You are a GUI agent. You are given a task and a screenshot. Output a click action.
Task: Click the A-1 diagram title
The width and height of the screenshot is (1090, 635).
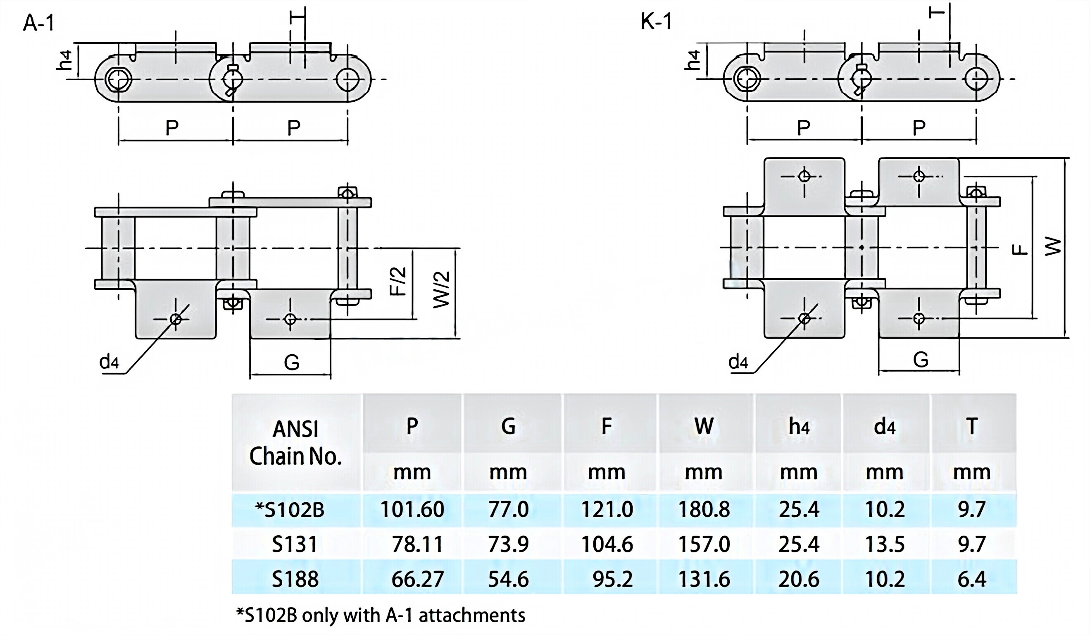39,22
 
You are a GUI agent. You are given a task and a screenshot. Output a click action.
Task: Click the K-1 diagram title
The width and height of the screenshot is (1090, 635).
656,21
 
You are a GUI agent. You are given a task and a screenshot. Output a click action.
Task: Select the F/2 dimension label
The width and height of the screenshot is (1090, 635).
398,282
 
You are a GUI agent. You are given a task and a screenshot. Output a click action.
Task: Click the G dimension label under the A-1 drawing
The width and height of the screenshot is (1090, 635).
292,362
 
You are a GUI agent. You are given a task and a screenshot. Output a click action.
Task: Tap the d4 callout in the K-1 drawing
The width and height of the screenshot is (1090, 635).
738,361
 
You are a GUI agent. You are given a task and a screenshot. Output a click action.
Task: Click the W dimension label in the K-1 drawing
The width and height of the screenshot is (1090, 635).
1053,246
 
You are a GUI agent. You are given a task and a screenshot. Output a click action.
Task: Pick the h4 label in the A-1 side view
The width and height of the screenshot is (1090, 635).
64,60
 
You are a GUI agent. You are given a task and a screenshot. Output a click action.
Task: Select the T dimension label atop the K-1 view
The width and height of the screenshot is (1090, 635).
937,12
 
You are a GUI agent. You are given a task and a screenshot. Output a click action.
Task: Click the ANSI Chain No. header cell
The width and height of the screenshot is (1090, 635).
295,443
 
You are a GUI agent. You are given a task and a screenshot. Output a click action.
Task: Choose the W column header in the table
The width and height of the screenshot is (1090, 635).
704,426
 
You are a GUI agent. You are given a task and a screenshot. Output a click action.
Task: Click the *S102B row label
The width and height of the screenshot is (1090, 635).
290,509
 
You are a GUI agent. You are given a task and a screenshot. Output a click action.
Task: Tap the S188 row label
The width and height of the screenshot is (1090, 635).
295,579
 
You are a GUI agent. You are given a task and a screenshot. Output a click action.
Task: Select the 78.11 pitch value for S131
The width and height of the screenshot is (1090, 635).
417,544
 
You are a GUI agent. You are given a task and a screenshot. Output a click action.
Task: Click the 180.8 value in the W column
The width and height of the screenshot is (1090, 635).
704,509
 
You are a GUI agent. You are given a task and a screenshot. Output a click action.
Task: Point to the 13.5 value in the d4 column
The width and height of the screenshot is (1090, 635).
885,544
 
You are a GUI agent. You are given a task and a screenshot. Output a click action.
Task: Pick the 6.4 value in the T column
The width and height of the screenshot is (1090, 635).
972,579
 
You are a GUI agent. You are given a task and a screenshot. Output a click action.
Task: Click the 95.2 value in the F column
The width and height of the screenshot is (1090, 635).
612,579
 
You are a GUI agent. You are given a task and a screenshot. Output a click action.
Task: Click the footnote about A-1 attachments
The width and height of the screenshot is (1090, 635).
381,615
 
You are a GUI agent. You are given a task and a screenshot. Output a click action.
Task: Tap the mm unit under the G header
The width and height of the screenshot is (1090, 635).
508,472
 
